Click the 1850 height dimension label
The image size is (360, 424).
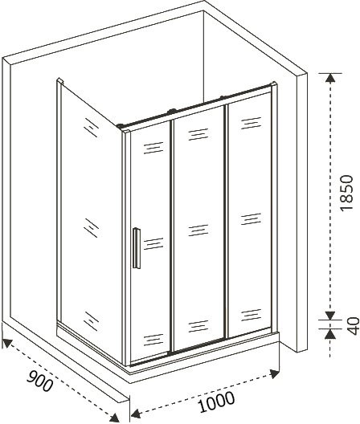pos(346,193)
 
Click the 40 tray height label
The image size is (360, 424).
pos(354,326)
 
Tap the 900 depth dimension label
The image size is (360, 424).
pos(40,381)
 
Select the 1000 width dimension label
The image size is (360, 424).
pos(216,402)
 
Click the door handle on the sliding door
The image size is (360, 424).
pos(137,248)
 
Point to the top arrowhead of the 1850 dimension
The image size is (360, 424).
pos(330,78)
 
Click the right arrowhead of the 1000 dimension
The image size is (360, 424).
pos(275,373)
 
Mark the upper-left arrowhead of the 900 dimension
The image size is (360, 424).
pos(7,343)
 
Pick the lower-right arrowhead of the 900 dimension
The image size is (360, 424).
pos(114,418)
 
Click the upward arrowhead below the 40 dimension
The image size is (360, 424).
pos(330,334)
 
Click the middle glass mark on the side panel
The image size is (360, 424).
pos(91,228)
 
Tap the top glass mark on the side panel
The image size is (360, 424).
pos(91,128)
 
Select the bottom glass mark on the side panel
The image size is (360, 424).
pos(91,321)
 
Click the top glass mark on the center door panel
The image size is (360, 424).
pos(198,134)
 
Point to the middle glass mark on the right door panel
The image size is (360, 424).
pos(251,218)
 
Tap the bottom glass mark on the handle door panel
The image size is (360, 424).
pos(153,340)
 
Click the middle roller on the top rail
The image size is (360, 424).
pos(172,111)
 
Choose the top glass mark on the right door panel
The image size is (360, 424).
pos(251,123)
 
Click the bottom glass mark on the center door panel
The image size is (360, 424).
pos(198,326)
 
